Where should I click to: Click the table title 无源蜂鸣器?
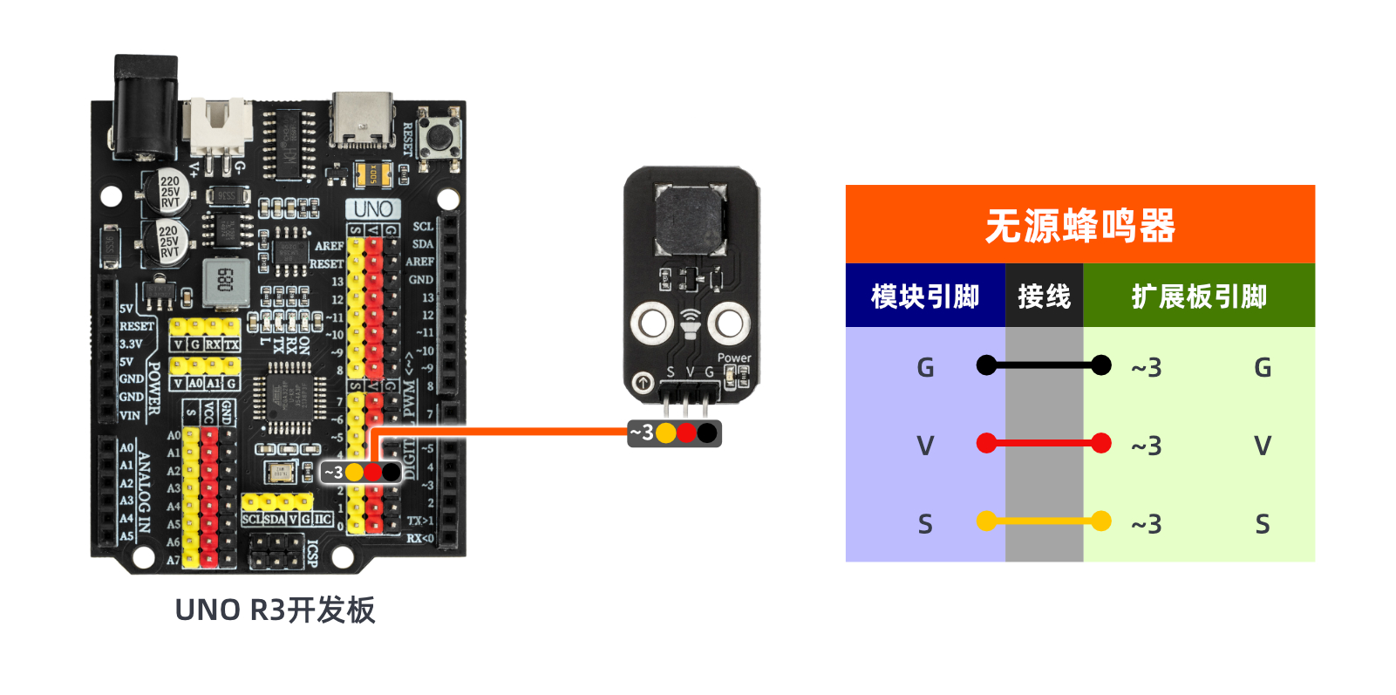[1079, 225]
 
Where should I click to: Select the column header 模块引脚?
[924, 296]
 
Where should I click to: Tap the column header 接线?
[1044, 296]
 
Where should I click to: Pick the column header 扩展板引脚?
[1199, 296]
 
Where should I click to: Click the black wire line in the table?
[1044, 365]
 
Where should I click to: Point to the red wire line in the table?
[1044, 444]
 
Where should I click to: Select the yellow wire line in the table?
[1044, 521]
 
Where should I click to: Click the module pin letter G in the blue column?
[925, 367]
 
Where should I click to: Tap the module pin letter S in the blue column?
[925, 524]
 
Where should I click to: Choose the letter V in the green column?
[1262, 446]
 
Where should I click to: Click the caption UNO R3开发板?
[275, 610]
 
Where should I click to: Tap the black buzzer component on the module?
[691, 218]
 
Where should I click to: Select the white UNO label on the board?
[373, 209]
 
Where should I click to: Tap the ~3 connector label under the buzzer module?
[642, 433]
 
